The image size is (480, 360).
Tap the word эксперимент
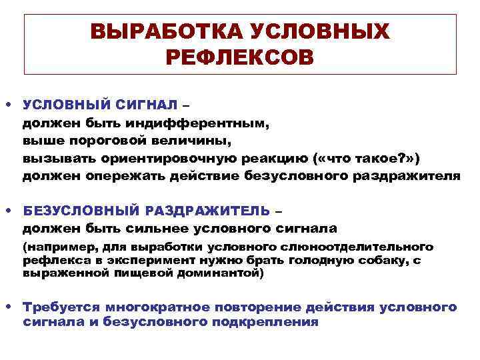coord(138,260)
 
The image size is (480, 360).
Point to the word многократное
coord(155,307)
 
